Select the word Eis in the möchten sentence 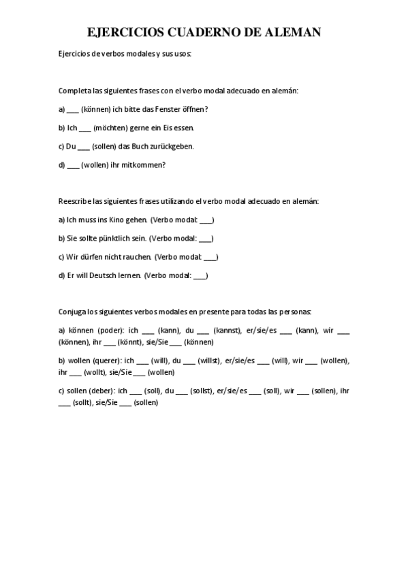pos(170,127)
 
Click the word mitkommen pos(144,164)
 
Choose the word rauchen pos(134,257)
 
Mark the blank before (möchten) pos(85,127)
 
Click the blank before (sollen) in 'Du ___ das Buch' pos(84,146)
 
